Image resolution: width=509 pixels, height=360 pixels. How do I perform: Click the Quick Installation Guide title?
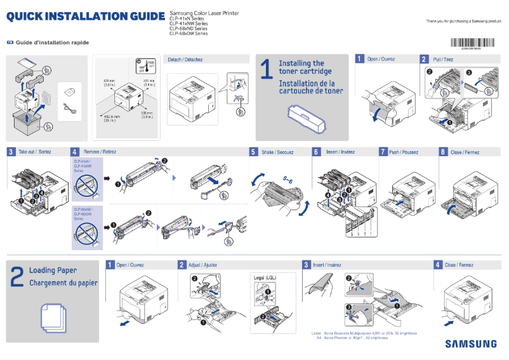coord(85,15)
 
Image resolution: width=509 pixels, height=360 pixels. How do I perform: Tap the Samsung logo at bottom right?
coord(471,343)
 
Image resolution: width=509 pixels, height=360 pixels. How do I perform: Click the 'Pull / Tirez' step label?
coord(443,59)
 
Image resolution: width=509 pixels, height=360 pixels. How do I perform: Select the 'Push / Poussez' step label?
coord(404,152)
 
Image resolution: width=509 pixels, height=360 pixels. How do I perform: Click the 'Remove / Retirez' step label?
coord(100,152)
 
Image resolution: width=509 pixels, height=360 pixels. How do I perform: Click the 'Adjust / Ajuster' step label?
coord(202,265)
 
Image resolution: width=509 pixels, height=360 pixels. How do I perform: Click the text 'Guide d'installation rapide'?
coord(52,43)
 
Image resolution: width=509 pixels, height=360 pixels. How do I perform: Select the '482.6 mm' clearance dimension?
coord(112,116)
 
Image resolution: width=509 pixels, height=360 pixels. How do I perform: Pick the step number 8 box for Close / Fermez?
coord(443,152)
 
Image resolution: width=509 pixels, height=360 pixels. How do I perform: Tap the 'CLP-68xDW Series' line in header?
coord(188,34)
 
